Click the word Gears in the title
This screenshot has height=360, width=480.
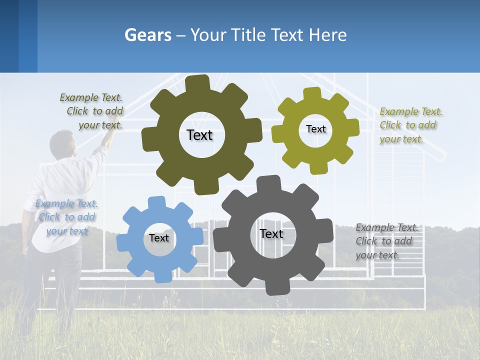point(147,35)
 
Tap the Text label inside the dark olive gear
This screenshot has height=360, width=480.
point(199,135)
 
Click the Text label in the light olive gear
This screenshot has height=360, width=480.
point(315,129)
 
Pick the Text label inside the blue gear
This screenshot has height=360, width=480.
point(158,238)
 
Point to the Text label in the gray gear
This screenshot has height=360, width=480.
point(271,233)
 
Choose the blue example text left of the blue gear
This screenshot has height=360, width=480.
point(66,217)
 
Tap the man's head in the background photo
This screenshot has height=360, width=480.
point(63,143)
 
